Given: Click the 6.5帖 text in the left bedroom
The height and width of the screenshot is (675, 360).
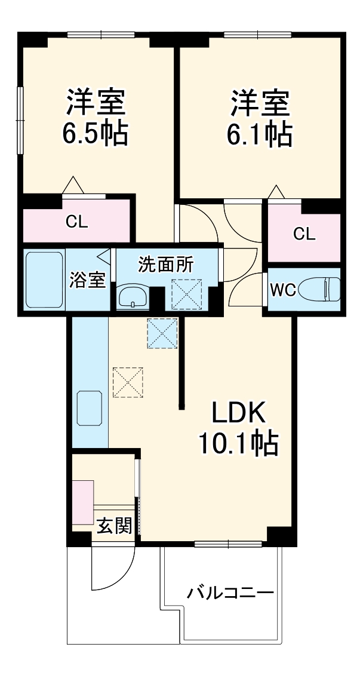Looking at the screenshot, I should (x=96, y=134).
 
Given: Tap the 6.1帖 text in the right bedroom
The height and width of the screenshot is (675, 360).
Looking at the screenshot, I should (x=259, y=135).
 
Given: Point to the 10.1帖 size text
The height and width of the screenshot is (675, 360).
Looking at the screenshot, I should (x=238, y=443).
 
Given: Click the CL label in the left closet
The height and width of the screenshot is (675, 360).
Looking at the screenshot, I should (x=76, y=223).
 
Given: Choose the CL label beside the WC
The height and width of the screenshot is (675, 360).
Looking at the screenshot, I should (x=303, y=234).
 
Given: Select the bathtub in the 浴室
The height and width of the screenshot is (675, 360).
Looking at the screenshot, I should (x=44, y=280).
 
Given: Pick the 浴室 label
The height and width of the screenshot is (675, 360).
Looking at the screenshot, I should (x=88, y=280).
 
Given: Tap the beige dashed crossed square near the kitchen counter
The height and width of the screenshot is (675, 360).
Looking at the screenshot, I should (x=128, y=382).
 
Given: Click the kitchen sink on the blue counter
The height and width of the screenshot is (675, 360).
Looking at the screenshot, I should (x=90, y=407).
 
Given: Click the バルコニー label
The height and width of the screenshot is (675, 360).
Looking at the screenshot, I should (x=230, y=593).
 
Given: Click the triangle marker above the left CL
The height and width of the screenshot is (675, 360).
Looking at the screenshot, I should (x=74, y=185).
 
